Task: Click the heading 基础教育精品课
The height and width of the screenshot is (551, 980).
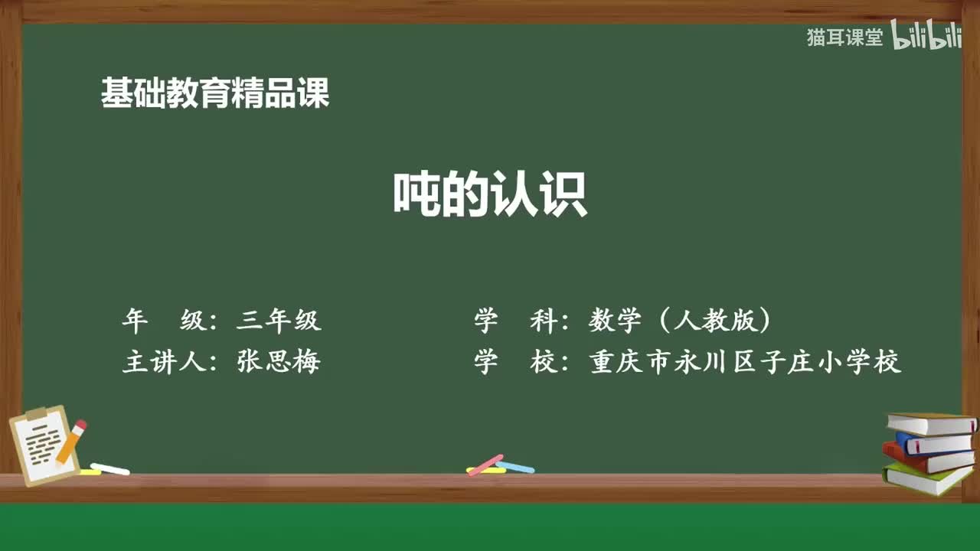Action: click(x=215, y=93)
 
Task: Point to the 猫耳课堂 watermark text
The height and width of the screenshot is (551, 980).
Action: click(x=844, y=37)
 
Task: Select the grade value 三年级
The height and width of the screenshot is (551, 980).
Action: click(x=279, y=321)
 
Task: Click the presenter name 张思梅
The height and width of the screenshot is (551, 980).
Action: click(x=279, y=361)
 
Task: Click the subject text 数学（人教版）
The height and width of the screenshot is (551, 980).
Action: click(x=681, y=321)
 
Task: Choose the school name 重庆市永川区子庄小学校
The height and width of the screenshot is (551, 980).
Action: click(x=745, y=361)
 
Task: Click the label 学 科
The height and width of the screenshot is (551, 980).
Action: click(x=516, y=321)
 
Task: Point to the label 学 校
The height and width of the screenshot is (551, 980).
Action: click(x=516, y=361)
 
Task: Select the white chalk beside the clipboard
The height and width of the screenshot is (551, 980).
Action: click(x=110, y=468)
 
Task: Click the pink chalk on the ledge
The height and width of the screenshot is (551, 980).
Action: click(x=485, y=465)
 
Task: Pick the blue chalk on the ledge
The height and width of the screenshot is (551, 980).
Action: click(x=515, y=466)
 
